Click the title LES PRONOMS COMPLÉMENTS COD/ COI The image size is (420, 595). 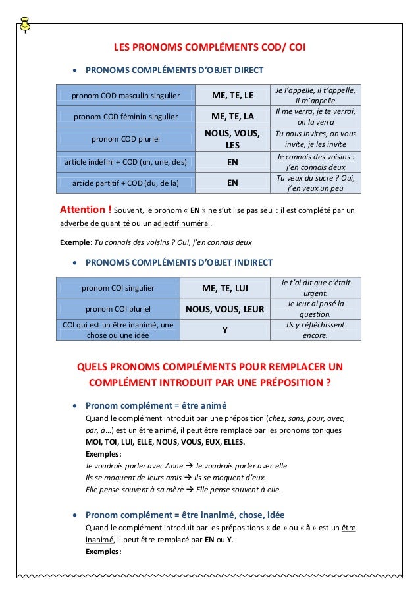pos(209,47)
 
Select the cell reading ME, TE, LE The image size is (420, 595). pos(232,96)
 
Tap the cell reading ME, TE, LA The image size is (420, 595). pos(232,117)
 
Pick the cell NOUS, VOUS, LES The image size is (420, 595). pos(232,139)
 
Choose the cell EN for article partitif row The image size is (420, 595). pos(232,183)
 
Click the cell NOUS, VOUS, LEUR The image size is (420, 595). pos(224,308)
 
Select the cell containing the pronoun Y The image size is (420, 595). pos(224,330)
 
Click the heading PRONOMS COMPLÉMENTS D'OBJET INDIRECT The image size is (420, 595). pos(179,263)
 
